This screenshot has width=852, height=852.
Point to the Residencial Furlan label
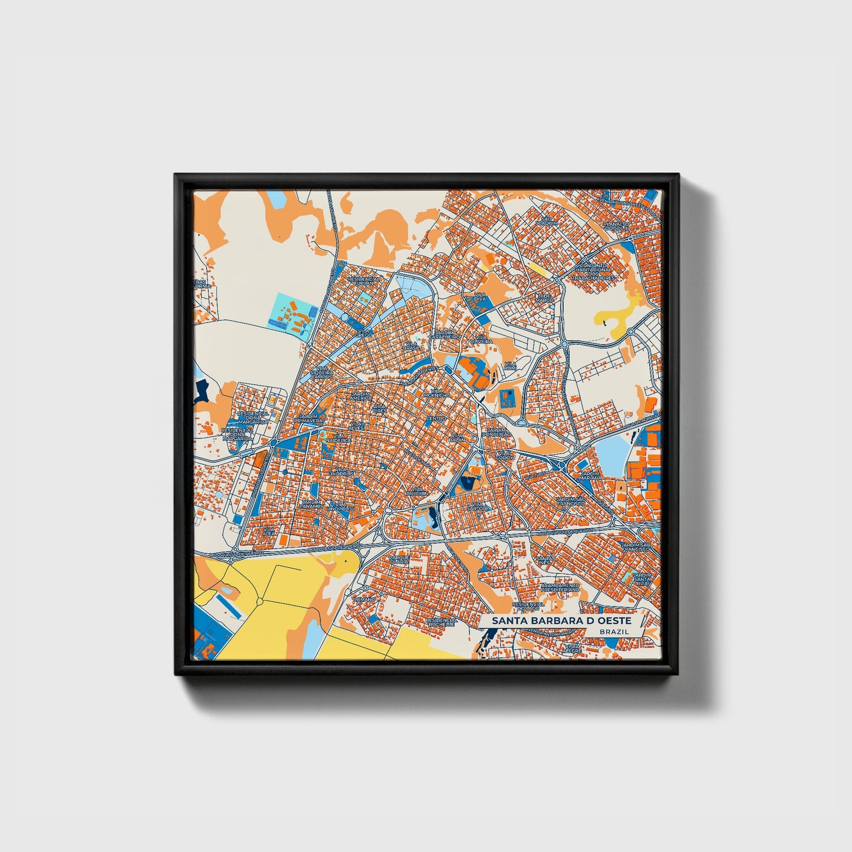click(364, 281)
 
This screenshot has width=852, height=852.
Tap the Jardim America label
click(361, 396)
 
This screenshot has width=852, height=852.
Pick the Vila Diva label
click(479, 297)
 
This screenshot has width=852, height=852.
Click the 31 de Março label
click(544, 298)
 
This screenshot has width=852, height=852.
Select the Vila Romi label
click(510, 366)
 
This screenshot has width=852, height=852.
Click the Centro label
click(436, 418)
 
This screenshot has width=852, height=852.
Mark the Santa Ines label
click(544, 560)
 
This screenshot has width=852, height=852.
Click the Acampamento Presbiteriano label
click(560, 587)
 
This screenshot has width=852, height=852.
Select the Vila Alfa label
click(269, 533)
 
